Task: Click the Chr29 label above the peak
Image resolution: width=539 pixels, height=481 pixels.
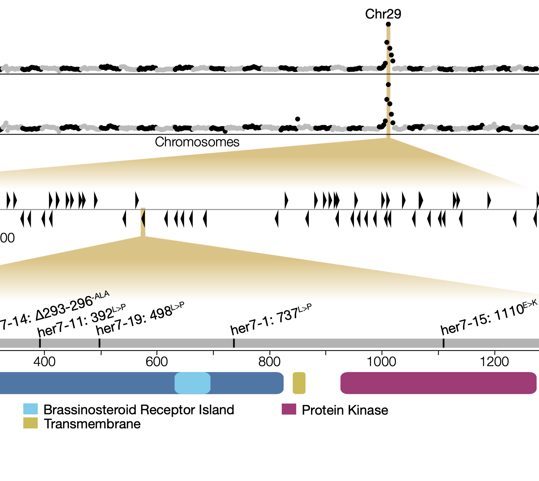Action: coord(383,14)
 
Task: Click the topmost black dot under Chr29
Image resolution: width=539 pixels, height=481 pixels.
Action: coord(388,24)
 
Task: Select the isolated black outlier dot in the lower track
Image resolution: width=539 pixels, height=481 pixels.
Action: coord(297,119)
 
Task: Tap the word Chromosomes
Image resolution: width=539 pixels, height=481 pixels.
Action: coord(197,142)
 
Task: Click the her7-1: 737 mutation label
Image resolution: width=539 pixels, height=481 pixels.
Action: coord(271,319)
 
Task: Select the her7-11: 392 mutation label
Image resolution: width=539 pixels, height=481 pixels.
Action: coord(82,320)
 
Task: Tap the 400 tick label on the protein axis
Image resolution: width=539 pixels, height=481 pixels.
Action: coord(44,361)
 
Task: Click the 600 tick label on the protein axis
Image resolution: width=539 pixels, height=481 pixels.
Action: coord(157,361)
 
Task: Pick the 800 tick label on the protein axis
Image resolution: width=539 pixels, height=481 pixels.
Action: coord(269,361)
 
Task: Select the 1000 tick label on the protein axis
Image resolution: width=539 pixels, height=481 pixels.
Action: coord(381,361)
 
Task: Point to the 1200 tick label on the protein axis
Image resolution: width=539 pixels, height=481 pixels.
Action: coord(494,361)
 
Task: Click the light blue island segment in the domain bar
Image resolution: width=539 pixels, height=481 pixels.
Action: coord(192,383)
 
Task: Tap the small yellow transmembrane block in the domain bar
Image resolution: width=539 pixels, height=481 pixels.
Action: coord(299,383)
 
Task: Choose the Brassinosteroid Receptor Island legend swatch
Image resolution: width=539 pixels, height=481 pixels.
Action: coord(30,409)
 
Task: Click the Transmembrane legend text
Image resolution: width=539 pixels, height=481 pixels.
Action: coord(92,424)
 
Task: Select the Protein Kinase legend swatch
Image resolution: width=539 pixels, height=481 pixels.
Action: coord(289,409)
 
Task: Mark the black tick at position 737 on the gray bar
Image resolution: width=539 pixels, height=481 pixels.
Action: coord(234,343)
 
